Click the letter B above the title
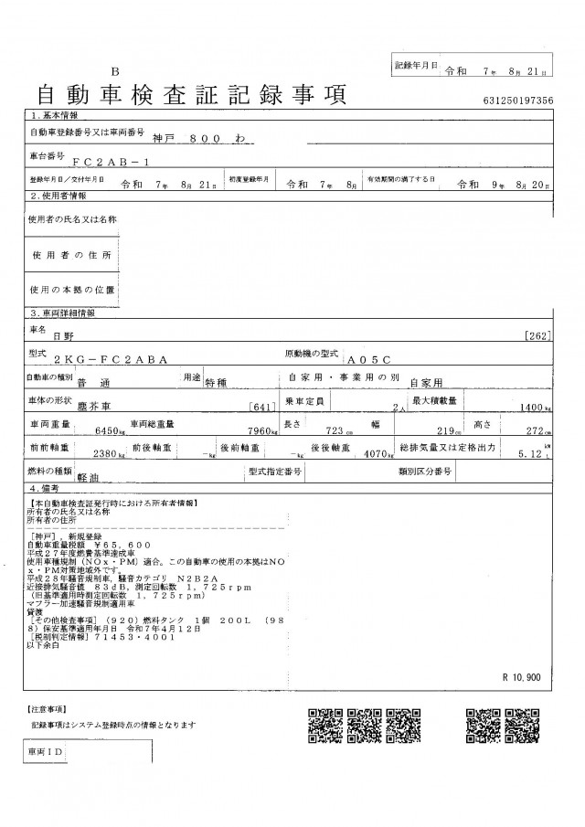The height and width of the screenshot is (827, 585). point(115,71)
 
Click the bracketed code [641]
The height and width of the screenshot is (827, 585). point(262,407)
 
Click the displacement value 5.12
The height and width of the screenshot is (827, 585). point(531,452)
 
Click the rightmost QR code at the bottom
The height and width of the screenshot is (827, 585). point(524,727)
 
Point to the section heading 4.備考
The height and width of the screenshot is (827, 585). point(48,491)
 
